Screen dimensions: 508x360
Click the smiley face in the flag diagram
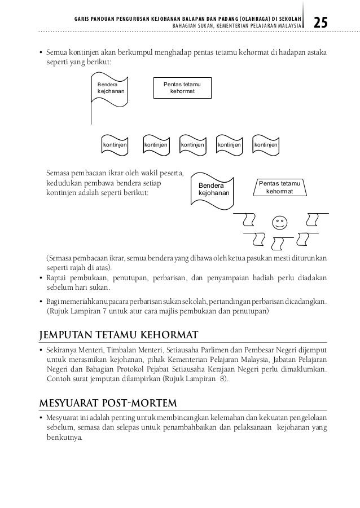(x=278, y=222)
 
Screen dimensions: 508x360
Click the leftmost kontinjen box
(x=115, y=145)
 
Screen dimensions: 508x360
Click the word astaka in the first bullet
(x=315, y=52)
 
